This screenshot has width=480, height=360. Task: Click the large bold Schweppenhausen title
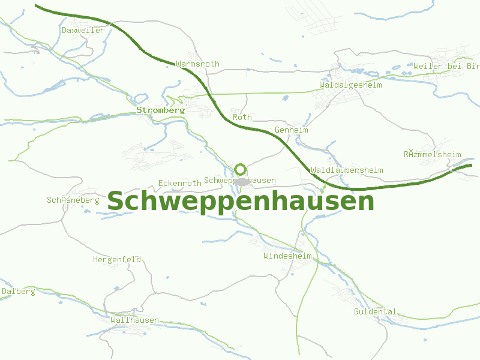coord(240,202)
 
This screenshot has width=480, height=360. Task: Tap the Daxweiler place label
coord(83,30)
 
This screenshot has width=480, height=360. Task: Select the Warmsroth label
coord(198,64)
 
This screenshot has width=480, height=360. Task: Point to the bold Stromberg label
coord(160,110)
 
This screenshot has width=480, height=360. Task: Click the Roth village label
coord(242,117)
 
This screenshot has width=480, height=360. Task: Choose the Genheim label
coord(291,130)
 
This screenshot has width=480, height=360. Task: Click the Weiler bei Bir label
coord(446,66)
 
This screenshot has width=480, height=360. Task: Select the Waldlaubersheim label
coord(347,170)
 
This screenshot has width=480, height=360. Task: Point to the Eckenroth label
coord(179,183)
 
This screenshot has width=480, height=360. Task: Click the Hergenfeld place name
coord(117,260)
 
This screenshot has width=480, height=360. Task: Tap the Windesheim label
coord(287,256)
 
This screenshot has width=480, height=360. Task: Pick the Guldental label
coord(375,312)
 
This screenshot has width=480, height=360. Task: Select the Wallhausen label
coord(134,320)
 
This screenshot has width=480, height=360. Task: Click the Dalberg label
coord(19,292)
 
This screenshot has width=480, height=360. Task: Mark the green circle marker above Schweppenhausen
coord(241,169)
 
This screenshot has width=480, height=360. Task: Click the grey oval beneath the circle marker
coord(242,181)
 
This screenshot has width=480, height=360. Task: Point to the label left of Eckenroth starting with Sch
coord(73,200)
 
